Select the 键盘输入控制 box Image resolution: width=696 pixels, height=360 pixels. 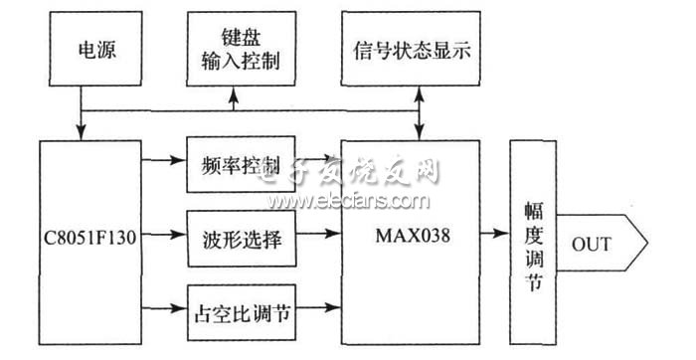click(235, 49)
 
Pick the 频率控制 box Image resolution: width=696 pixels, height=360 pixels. click(239, 164)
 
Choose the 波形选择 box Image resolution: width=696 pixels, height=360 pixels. click(239, 240)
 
